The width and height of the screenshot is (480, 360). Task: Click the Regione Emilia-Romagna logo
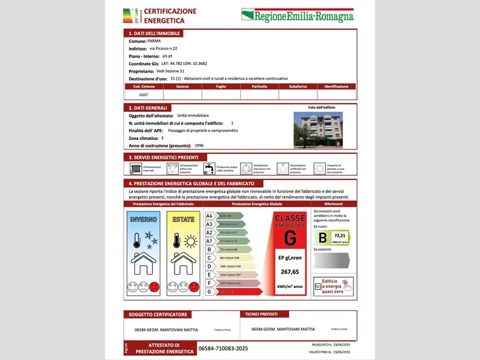click(297, 16)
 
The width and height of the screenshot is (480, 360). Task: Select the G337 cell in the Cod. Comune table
click(143, 95)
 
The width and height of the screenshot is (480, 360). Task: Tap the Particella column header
click(259, 86)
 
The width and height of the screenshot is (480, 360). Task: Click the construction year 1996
click(199, 146)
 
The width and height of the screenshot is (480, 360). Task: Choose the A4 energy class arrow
click(224, 215)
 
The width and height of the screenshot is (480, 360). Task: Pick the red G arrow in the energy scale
click(233, 292)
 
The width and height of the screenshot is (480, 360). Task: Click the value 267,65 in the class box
click(290, 272)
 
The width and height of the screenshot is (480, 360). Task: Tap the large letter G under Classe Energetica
click(290, 238)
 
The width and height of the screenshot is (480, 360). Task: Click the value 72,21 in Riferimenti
click(340, 236)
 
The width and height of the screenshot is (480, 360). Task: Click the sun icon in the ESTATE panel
click(191, 241)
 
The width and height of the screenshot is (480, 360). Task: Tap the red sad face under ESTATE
click(194, 287)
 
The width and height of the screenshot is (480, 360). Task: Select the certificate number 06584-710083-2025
click(223, 348)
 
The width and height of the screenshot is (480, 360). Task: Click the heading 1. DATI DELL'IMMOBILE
click(154, 34)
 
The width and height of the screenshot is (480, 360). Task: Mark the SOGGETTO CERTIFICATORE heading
click(158, 314)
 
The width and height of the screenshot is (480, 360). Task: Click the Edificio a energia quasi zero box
click(334, 286)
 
